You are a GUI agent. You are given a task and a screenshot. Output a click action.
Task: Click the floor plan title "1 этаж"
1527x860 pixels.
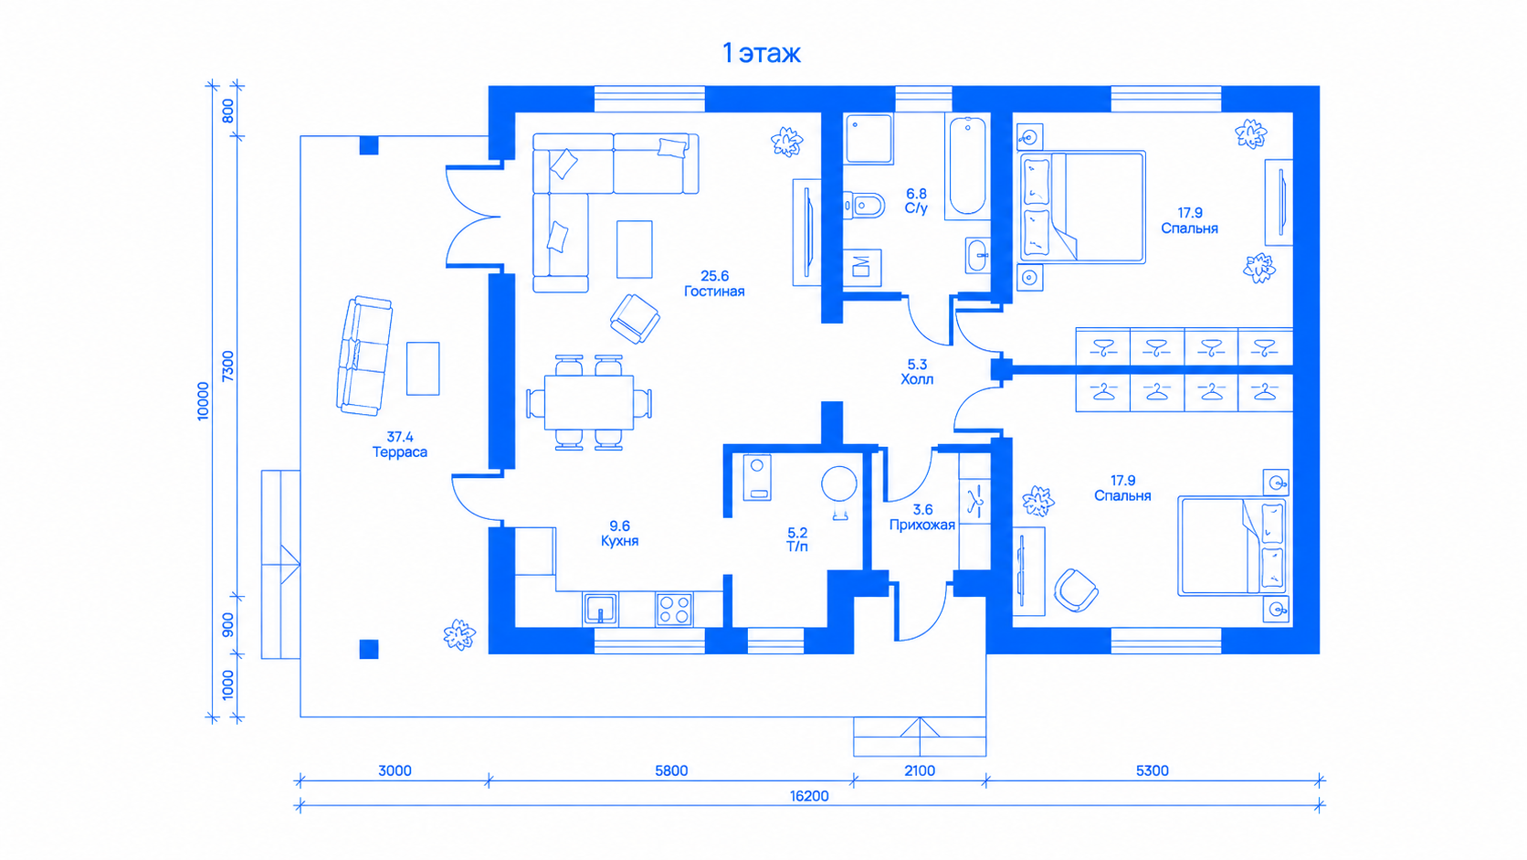click(x=762, y=53)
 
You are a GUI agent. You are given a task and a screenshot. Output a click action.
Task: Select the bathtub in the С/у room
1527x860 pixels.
click(x=967, y=165)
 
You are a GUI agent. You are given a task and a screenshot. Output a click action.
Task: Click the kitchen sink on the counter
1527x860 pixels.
click(x=601, y=609)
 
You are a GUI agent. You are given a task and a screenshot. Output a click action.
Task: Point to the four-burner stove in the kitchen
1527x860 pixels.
click(x=674, y=609)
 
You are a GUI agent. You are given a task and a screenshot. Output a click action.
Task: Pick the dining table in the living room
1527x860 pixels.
click(x=589, y=402)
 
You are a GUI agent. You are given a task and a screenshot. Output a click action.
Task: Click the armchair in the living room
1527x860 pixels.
click(x=635, y=318)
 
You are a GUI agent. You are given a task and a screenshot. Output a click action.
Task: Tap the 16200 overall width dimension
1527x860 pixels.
click(x=809, y=796)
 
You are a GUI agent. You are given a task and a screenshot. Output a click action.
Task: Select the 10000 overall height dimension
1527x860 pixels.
click(x=203, y=401)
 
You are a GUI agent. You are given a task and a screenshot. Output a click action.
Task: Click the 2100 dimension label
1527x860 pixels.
click(x=920, y=770)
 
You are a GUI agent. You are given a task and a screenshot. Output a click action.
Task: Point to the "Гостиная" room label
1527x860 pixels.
click(x=714, y=292)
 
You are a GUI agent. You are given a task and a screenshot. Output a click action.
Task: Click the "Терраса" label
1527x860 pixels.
click(x=399, y=452)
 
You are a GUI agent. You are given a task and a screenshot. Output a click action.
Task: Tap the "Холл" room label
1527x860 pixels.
click(x=917, y=379)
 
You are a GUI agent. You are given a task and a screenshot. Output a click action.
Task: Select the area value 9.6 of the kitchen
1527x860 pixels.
click(x=620, y=526)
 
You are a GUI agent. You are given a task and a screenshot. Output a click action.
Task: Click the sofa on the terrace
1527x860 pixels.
click(x=364, y=356)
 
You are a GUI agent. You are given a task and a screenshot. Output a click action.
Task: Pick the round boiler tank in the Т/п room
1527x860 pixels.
click(x=839, y=483)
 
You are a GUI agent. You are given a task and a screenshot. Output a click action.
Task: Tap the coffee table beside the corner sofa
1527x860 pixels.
click(x=635, y=249)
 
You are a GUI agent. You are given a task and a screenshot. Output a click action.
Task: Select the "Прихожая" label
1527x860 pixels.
click(x=922, y=526)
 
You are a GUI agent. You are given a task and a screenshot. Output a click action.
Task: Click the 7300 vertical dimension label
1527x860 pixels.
click(x=228, y=366)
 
